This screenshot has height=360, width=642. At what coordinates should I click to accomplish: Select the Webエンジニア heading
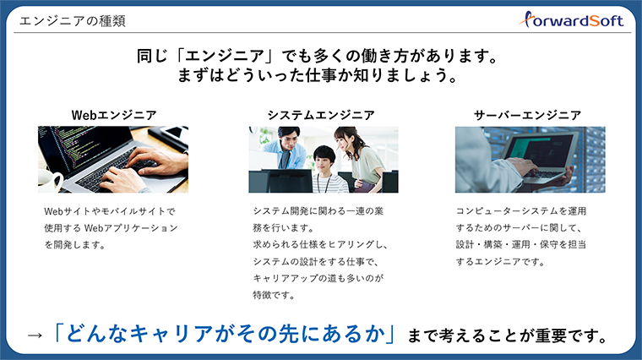113,114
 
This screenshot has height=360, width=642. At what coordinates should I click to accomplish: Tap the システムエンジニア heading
321,114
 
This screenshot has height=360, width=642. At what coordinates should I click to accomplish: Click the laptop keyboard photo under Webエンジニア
113,159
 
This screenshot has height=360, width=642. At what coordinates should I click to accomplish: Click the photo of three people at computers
324,159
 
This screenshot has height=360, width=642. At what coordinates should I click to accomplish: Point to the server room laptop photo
530,159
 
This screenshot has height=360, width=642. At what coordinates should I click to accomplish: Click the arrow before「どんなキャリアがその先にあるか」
35,335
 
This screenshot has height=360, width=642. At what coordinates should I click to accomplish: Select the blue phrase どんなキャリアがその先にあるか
225,334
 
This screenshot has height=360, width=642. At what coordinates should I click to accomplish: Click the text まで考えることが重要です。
508,335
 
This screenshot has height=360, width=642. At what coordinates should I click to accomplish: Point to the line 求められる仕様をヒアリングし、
320,244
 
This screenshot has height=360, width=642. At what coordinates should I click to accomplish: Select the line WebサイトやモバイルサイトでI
109,210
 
